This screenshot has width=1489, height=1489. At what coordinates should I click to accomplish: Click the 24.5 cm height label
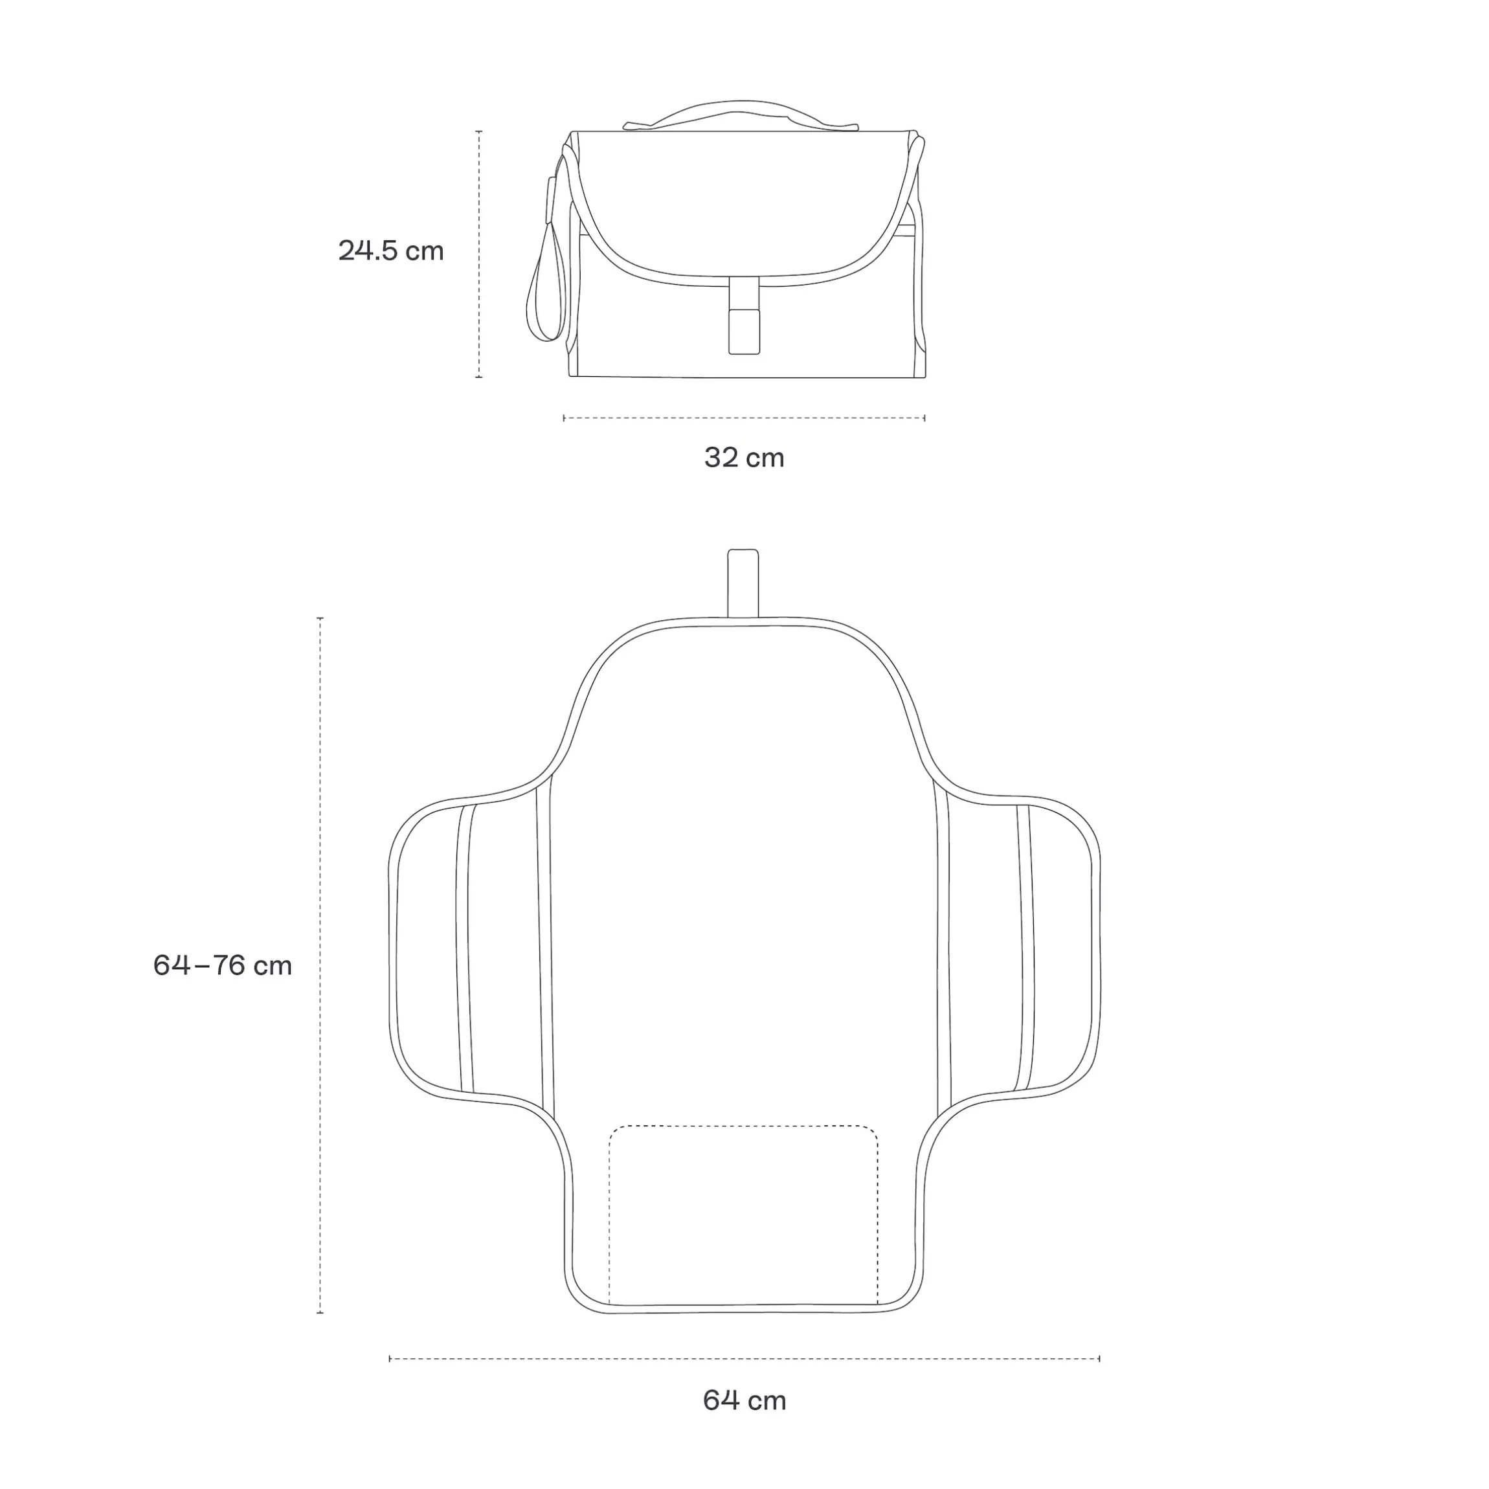391,251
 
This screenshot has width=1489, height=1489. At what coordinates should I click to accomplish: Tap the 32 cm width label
744,458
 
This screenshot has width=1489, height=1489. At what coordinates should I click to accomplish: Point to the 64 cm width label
744,1400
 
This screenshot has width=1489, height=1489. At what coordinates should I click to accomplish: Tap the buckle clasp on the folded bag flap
744,316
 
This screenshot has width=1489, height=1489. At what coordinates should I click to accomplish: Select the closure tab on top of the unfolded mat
743,583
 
